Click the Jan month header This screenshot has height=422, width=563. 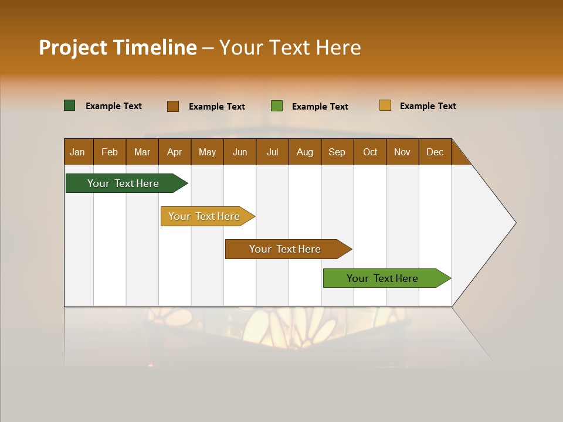click(x=78, y=152)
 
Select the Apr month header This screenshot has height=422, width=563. click(x=175, y=152)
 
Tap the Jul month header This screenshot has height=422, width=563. click(x=272, y=152)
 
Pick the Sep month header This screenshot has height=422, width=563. click(x=337, y=152)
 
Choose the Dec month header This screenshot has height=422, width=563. click(x=435, y=152)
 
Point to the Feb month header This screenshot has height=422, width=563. click(x=110, y=152)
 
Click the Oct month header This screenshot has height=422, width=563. click(x=370, y=152)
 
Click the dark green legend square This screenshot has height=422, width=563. click(x=70, y=105)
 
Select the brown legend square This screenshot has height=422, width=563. click(x=173, y=106)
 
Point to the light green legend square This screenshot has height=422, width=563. click(x=277, y=106)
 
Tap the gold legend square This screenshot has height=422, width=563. click(x=385, y=105)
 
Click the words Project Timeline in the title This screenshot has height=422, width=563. click(x=118, y=47)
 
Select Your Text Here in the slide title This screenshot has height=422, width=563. click(x=290, y=47)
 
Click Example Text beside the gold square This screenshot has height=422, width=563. click(x=428, y=106)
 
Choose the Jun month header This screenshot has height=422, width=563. click(x=240, y=152)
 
